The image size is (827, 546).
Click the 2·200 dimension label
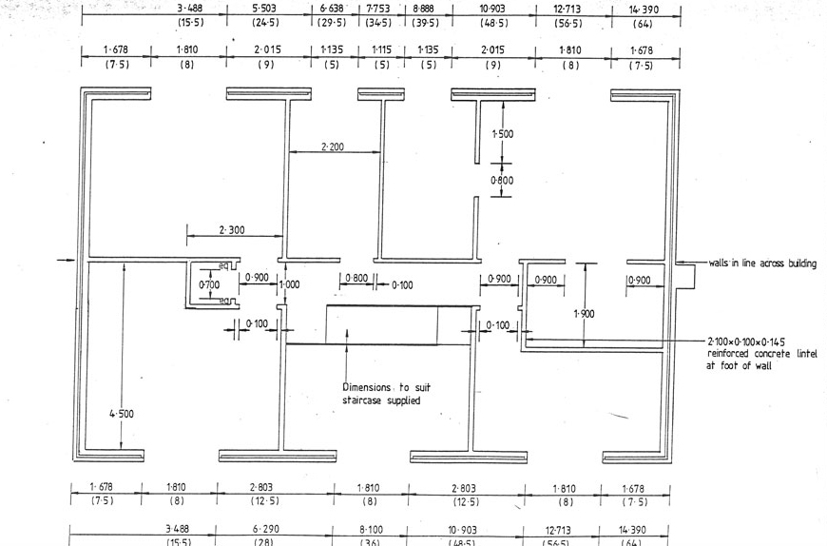tap(333, 146)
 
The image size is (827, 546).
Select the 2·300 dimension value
tap(232, 230)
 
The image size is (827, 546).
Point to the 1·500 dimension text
tap(502, 134)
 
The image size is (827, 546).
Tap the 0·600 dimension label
tap(502, 180)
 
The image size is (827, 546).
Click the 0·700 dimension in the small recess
tap(209, 284)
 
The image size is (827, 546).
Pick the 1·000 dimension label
tap(289, 284)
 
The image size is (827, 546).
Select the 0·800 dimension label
tap(356, 279)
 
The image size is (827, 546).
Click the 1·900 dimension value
tap(585, 313)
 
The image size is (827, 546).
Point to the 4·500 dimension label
tap(122, 414)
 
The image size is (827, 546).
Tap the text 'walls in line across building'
tap(761, 263)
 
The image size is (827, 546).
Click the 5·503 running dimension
tap(265, 9)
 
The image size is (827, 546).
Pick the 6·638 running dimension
tap(331, 9)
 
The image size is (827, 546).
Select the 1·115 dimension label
tap(381, 49)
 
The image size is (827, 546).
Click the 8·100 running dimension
tap(371, 529)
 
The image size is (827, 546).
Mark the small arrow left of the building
tap(65, 259)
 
